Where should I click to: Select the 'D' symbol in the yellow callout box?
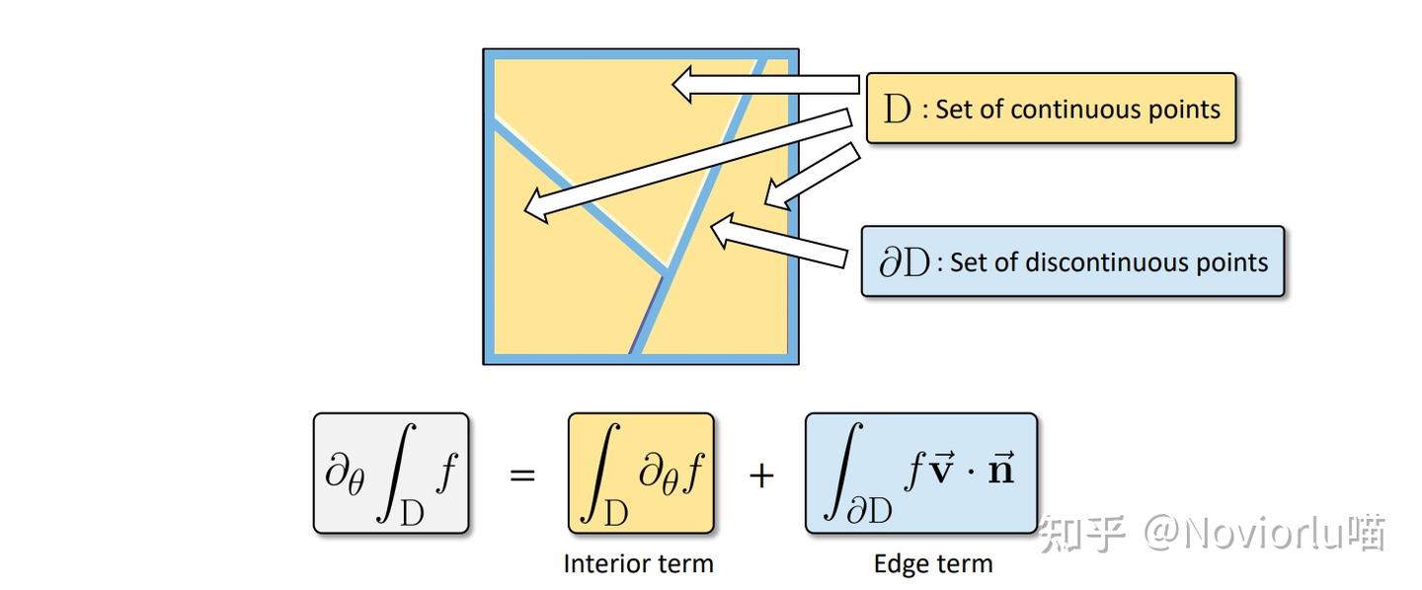coord(897,110)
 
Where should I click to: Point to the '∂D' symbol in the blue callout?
coord(904,263)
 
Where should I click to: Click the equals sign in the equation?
coord(521,475)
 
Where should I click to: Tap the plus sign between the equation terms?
coord(760,476)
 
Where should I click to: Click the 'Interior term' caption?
coord(638,563)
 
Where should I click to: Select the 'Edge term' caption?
coord(933,563)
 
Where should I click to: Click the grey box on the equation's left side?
coord(391,474)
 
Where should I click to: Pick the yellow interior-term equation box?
coord(641,474)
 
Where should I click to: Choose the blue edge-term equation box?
coord(921,474)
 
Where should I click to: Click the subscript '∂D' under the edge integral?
coord(869,511)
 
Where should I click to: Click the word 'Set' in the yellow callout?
coord(954,110)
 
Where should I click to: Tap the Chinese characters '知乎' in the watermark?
coord(1082,534)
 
